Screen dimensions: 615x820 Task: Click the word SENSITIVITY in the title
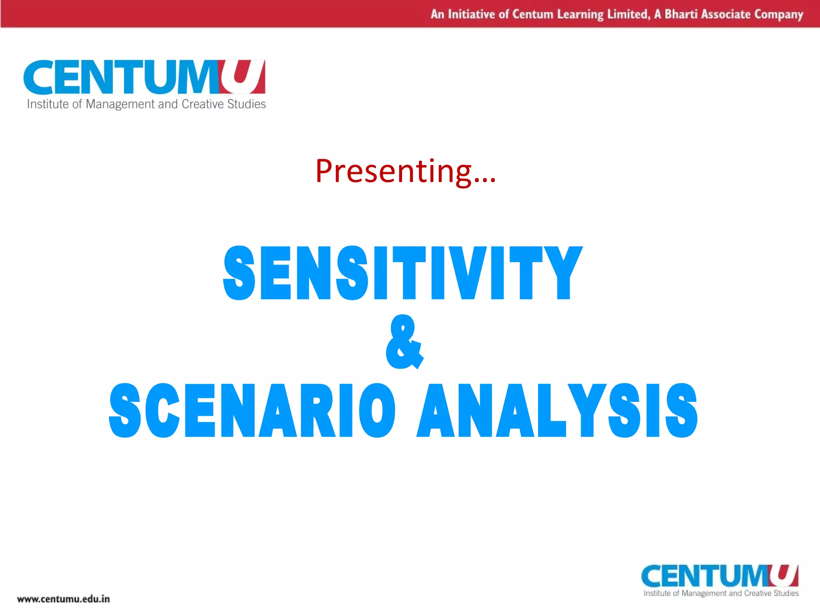click(402, 273)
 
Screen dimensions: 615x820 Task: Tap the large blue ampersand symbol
click(404, 342)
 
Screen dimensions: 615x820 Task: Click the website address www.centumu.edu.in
click(63, 599)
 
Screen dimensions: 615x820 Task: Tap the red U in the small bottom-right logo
click(784, 575)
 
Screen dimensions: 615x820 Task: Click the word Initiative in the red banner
click(471, 14)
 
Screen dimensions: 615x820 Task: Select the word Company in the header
click(779, 15)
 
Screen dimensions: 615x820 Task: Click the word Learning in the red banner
click(580, 15)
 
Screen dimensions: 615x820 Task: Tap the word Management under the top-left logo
click(120, 104)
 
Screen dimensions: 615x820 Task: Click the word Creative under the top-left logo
click(203, 104)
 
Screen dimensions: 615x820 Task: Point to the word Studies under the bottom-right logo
click(786, 593)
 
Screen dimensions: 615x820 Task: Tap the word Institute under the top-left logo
click(48, 104)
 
